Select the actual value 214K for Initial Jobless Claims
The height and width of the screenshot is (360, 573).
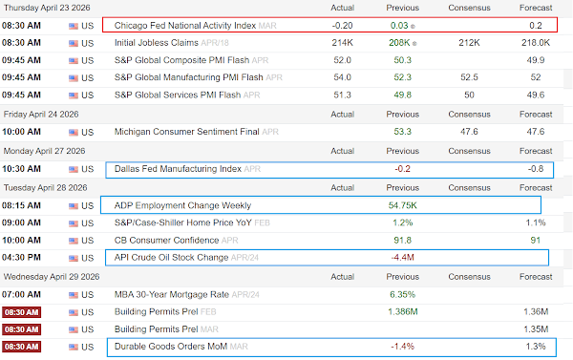click(x=343, y=43)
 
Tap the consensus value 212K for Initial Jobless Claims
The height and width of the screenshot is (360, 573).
click(x=469, y=43)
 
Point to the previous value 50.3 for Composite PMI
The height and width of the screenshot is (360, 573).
click(x=402, y=60)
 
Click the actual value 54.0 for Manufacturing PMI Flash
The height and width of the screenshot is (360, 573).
click(x=343, y=77)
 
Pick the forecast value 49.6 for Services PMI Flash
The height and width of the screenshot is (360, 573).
click(x=536, y=95)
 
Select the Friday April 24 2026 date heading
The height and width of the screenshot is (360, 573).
click(x=41, y=115)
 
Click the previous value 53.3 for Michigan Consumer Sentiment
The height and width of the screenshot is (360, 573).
click(x=402, y=132)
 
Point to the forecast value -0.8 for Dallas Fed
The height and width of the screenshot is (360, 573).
click(x=536, y=169)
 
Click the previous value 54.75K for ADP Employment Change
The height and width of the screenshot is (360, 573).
click(x=402, y=205)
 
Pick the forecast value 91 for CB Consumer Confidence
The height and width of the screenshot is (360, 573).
click(x=536, y=240)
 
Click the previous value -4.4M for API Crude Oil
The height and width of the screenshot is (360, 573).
click(x=402, y=257)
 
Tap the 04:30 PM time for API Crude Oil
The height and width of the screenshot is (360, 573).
click(x=21, y=257)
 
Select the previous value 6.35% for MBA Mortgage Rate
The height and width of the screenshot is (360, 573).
click(x=402, y=294)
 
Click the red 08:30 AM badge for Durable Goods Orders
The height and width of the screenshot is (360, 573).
click(x=21, y=347)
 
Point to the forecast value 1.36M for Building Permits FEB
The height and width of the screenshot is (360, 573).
click(x=536, y=311)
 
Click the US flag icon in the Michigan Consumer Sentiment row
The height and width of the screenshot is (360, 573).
click(x=74, y=133)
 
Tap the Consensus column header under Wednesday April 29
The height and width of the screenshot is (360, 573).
click(x=469, y=277)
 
